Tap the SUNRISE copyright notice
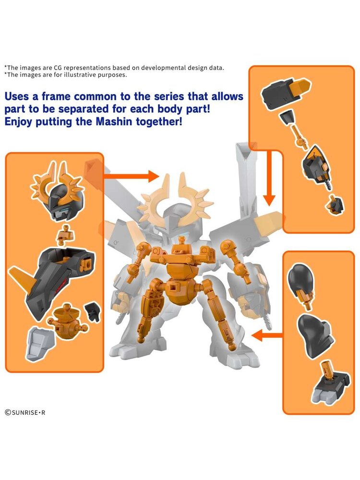tap(25, 412)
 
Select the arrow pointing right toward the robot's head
tap(132, 176)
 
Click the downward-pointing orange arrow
tap(269, 178)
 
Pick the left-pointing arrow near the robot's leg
tap(267, 336)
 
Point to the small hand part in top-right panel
tap(335, 204)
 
